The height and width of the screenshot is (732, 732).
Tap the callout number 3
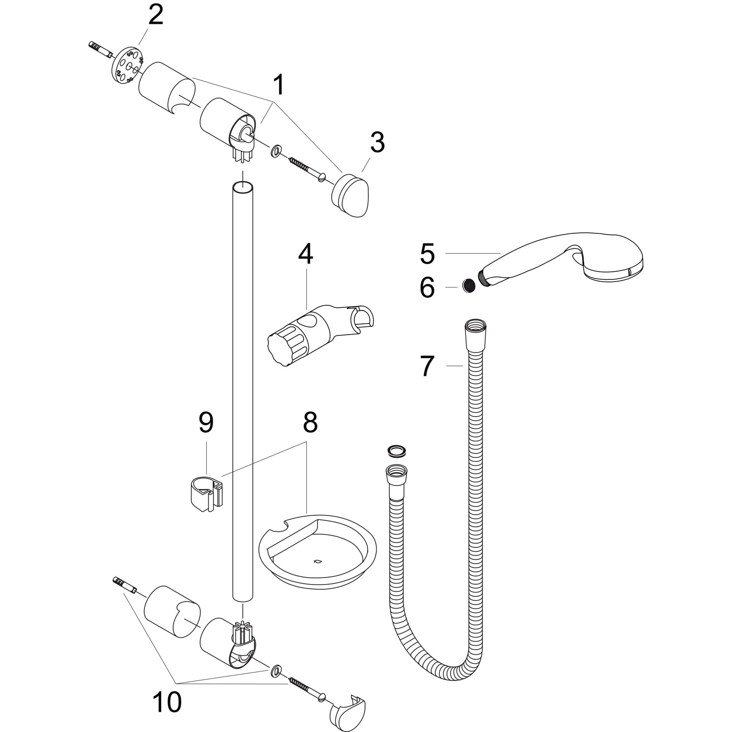[x=377, y=143]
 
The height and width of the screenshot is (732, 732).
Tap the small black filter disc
[x=469, y=285]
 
